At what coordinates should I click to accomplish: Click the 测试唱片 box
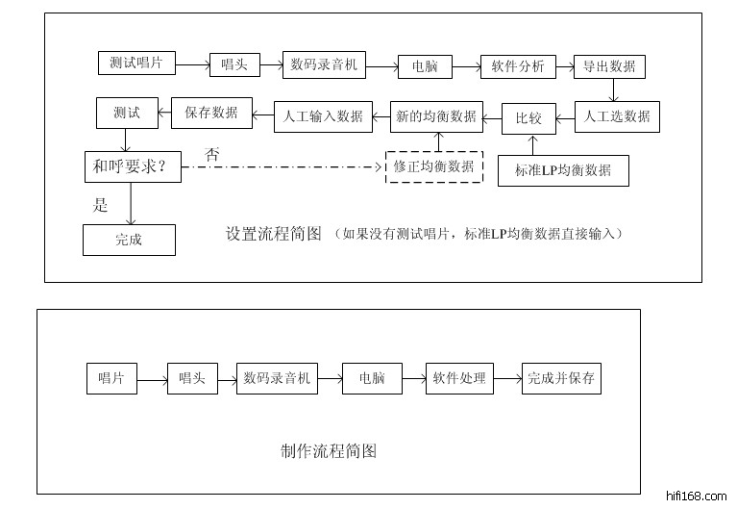coord(136,64)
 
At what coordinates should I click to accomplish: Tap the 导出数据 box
coord(608,65)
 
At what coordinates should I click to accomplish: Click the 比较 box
coord(529,117)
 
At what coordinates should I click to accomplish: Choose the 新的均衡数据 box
coord(435,116)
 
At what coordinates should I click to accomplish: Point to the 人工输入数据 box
coord(324,116)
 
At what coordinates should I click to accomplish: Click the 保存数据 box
coord(211,113)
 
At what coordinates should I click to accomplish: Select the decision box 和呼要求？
coord(131,167)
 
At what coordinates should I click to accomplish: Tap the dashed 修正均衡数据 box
coord(433,166)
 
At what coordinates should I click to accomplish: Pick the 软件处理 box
coord(459,378)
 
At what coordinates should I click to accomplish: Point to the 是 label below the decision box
coord(100,204)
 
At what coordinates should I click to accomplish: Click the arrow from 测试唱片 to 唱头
coord(193,65)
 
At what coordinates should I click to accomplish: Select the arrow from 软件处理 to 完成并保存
coord(506,379)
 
